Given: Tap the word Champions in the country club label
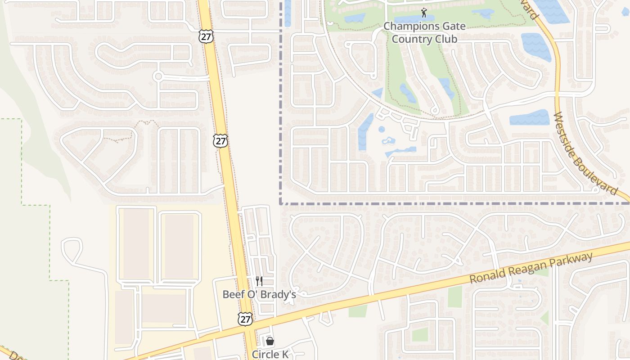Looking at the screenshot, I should click(x=406, y=26).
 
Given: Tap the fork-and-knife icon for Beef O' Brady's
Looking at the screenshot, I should click(x=259, y=281).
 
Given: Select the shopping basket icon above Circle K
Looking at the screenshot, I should click(x=270, y=342).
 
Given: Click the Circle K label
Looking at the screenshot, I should click(x=270, y=354).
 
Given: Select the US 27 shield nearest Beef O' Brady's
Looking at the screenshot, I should click(x=245, y=319).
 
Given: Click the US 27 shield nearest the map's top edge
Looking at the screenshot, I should click(x=206, y=37).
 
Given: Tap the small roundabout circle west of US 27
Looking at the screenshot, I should click(x=158, y=76).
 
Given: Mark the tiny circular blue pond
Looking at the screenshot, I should click(x=382, y=130).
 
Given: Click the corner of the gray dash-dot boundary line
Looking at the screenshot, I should click(x=281, y=203).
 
